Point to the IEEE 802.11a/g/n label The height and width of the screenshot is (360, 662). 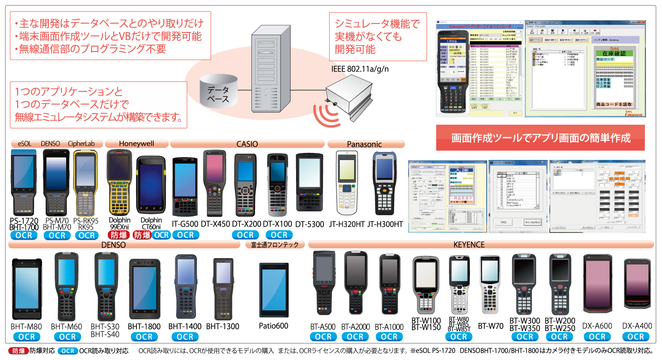tap(360, 69)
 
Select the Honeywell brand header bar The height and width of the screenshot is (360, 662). tap(136, 144)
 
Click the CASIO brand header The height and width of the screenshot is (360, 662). tap(247, 144)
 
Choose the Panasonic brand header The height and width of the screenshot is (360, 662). tap(365, 144)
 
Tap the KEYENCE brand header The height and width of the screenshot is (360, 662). tap(469, 245)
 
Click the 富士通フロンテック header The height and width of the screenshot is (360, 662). tap(275, 245)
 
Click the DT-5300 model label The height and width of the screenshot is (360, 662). tap(310, 224)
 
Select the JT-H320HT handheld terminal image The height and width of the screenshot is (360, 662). tap(347, 183)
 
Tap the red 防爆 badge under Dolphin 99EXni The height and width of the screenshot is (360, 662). tap(118, 235)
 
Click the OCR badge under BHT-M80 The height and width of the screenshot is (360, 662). tap(27, 337)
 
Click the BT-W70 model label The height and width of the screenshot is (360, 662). tap(491, 326)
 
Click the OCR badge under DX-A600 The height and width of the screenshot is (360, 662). tap(597, 337)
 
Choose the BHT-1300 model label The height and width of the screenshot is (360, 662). tap(223, 326)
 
